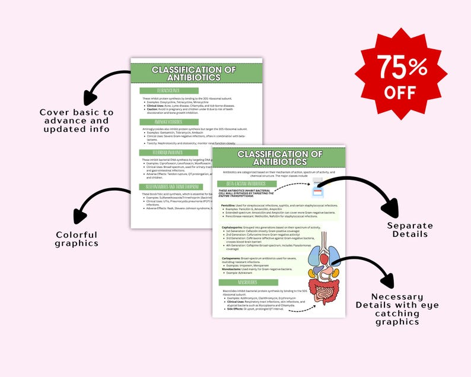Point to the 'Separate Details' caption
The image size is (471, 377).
[410, 230]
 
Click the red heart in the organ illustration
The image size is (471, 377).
[317, 258]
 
